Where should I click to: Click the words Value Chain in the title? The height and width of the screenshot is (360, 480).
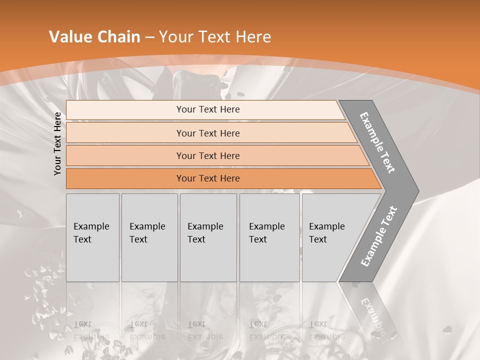[94, 37]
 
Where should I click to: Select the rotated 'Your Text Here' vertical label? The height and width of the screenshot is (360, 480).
[57, 144]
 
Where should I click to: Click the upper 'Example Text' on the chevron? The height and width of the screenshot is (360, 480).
[377, 142]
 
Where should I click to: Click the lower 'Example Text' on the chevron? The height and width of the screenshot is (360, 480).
[379, 236]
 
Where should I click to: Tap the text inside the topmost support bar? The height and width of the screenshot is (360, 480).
[208, 109]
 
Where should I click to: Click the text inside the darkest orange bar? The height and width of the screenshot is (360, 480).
[208, 178]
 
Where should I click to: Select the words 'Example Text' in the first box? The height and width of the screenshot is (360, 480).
[91, 233]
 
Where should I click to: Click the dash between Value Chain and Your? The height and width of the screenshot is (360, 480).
[149, 37]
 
